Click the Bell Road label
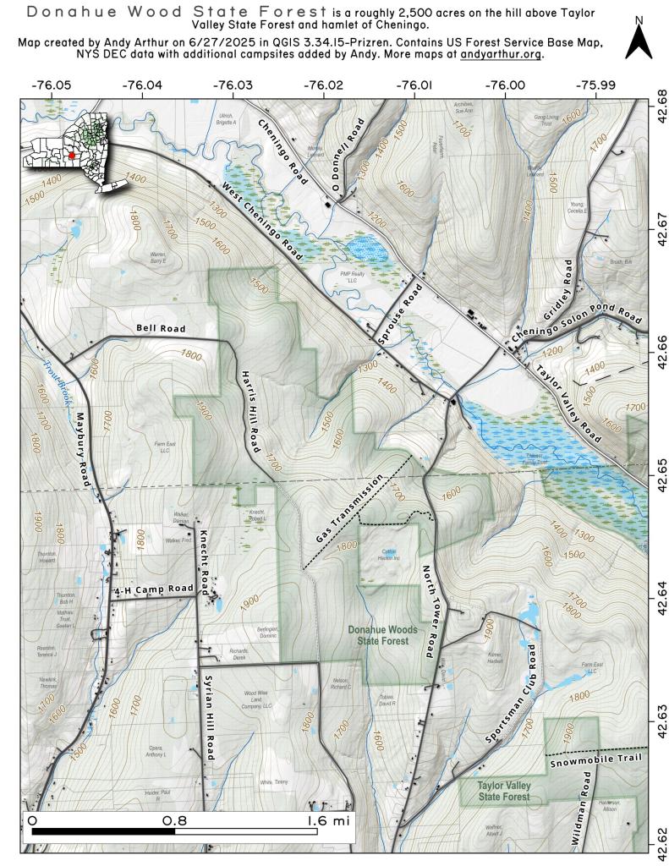tap(159, 327)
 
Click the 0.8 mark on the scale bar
tap(175, 819)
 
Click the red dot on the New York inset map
tap(72, 156)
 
